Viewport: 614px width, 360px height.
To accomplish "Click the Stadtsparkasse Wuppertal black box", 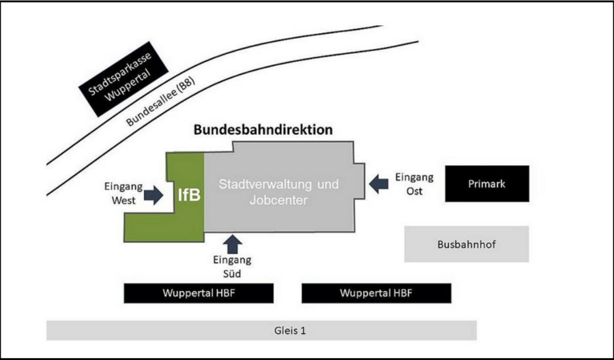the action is pyautogui.click(x=123, y=79).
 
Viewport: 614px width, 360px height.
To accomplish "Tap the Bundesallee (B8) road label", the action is pyautogui.click(x=160, y=101).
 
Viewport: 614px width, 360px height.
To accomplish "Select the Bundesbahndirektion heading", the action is pyautogui.click(x=263, y=130).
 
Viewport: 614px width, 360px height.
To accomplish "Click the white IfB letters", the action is pyautogui.click(x=189, y=194).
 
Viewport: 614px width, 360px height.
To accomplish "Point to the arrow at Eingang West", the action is pyautogui.click(x=153, y=195).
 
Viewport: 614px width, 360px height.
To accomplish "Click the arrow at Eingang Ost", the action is pyautogui.click(x=379, y=183).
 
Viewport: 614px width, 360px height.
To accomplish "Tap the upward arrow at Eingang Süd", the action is pyautogui.click(x=233, y=244).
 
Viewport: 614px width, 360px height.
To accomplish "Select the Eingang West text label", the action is pyautogui.click(x=123, y=194).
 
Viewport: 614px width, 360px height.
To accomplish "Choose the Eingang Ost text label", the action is pyautogui.click(x=414, y=184).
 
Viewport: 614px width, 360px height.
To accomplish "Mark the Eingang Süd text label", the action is pyautogui.click(x=232, y=267).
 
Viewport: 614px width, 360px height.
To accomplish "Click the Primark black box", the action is pyautogui.click(x=487, y=183).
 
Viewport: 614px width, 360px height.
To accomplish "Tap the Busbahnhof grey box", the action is pyautogui.click(x=467, y=244).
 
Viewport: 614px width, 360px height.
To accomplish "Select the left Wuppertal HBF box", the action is pyautogui.click(x=199, y=293).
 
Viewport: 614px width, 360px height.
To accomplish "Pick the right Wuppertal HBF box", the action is pyautogui.click(x=377, y=293).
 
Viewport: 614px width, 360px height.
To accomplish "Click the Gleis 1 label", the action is pyautogui.click(x=290, y=331).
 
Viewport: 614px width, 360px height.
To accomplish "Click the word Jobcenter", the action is pyautogui.click(x=278, y=200).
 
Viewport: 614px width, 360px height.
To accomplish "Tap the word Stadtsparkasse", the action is pyautogui.click(x=119, y=74).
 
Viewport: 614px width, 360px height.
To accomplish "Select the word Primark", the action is pyautogui.click(x=486, y=184).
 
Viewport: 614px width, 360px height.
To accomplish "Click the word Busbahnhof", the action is pyautogui.click(x=467, y=245).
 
